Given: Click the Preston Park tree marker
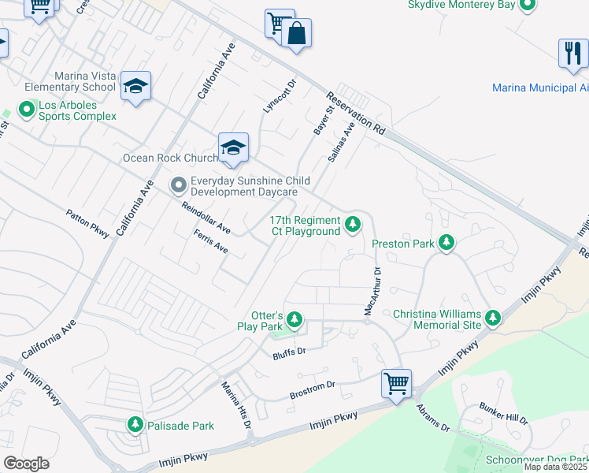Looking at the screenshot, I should [447, 244].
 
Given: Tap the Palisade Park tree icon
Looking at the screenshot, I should [135, 426].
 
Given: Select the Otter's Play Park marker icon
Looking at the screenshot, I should [294, 320].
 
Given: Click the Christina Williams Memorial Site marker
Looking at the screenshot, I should [493, 318].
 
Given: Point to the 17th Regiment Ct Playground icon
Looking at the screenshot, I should [354, 226].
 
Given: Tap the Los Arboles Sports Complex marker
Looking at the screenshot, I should [29, 108].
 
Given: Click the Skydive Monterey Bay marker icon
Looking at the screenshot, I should [528, 6].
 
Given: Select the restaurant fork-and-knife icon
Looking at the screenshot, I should [572, 53].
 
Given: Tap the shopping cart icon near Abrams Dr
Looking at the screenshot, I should [396, 384].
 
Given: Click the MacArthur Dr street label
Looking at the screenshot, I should [372, 292].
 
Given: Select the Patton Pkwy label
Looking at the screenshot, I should [87, 224].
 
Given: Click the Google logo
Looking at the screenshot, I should [27, 464].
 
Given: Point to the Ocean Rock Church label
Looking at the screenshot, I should [169, 158].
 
